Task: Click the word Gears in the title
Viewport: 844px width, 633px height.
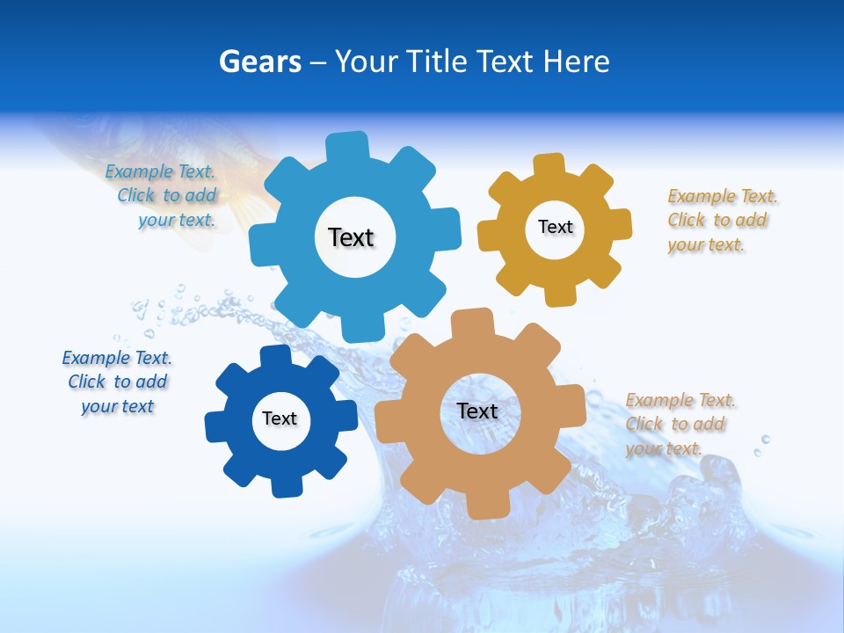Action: click(260, 62)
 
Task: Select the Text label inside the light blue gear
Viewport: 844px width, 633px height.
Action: click(352, 237)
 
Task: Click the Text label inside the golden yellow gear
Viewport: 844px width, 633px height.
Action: click(555, 227)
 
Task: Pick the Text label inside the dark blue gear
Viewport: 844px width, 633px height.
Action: click(280, 418)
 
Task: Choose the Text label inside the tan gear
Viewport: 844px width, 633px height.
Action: click(477, 411)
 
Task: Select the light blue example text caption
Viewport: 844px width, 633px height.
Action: click(161, 196)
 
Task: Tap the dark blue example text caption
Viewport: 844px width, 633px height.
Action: click(117, 382)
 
